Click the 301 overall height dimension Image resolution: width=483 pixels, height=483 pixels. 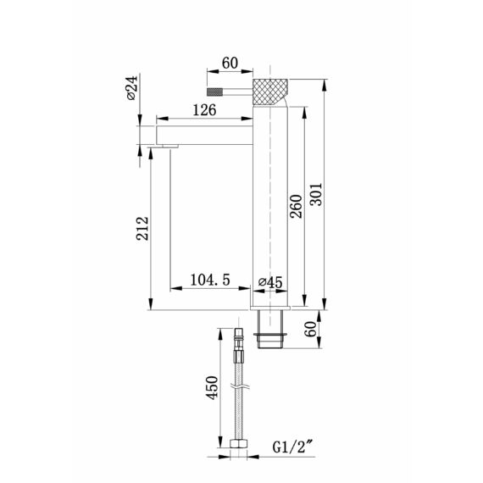tap(316, 194)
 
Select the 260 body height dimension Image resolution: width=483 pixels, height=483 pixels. tap(297, 207)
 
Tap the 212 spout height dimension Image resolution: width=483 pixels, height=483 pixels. tap(142, 229)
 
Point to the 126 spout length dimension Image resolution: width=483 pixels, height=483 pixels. tap(204, 110)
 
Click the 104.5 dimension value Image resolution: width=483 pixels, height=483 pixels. tap(210, 280)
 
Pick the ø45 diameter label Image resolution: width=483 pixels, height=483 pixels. tap(270, 282)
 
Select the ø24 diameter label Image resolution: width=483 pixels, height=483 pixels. tap(132, 88)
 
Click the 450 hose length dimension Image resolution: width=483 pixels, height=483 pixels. tap(212, 388)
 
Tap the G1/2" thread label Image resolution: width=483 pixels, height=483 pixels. tap(293, 447)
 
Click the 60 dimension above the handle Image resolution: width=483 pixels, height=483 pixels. tap(230, 64)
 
